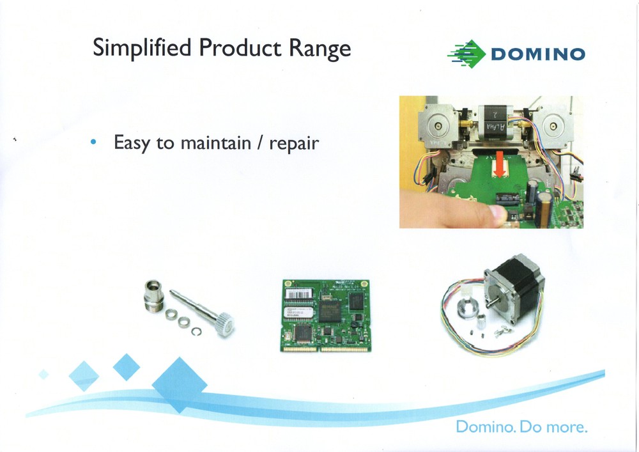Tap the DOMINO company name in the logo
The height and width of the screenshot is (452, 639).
coord(537,54)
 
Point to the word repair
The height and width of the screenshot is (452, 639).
coord(293,143)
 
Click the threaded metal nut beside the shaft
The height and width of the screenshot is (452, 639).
coord(155,293)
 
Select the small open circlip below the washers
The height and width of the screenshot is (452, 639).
coord(198,331)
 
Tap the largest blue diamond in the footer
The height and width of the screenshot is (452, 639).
coord(180,384)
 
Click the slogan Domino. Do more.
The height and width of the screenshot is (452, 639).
coord(521,426)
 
